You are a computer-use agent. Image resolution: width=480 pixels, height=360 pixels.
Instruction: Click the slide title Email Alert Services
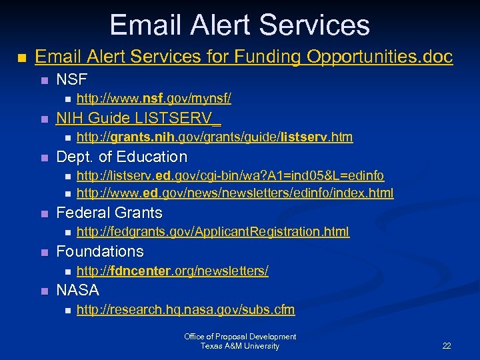click(x=239, y=25)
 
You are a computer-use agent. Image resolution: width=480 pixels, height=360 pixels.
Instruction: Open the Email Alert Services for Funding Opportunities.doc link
click(x=243, y=57)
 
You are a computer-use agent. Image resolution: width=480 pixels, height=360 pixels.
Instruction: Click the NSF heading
click(x=72, y=80)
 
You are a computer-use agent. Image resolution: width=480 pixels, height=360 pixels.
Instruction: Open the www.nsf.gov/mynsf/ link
click(x=154, y=99)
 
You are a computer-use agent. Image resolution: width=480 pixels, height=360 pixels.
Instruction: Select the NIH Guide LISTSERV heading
click(x=138, y=119)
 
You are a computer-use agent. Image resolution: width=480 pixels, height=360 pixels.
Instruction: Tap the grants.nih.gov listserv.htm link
click(x=215, y=138)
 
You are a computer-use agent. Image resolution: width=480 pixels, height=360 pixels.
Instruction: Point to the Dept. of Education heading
click(x=121, y=157)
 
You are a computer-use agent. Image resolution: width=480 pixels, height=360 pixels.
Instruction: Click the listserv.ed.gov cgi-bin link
click(x=230, y=177)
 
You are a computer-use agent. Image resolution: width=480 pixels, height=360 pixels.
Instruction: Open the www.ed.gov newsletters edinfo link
click(x=235, y=193)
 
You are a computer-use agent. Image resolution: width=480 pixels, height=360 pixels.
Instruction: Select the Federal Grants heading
click(x=109, y=213)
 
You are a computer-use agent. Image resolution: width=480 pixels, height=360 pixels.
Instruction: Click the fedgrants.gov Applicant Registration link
click(x=213, y=233)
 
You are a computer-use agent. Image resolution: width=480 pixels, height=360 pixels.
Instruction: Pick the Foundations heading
click(x=100, y=252)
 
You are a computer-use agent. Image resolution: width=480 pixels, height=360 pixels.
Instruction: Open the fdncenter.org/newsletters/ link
click(x=173, y=271)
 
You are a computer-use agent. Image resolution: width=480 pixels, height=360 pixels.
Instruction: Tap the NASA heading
click(x=78, y=291)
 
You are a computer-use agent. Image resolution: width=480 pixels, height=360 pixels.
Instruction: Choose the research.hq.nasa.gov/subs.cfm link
click(x=185, y=310)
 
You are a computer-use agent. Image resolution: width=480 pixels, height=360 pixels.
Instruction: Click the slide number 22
click(x=447, y=346)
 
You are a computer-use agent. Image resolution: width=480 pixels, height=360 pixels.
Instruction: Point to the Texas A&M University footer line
click(x=240, y=346)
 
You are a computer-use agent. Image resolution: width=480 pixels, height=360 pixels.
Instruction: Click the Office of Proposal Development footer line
click(x=240, y=337)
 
